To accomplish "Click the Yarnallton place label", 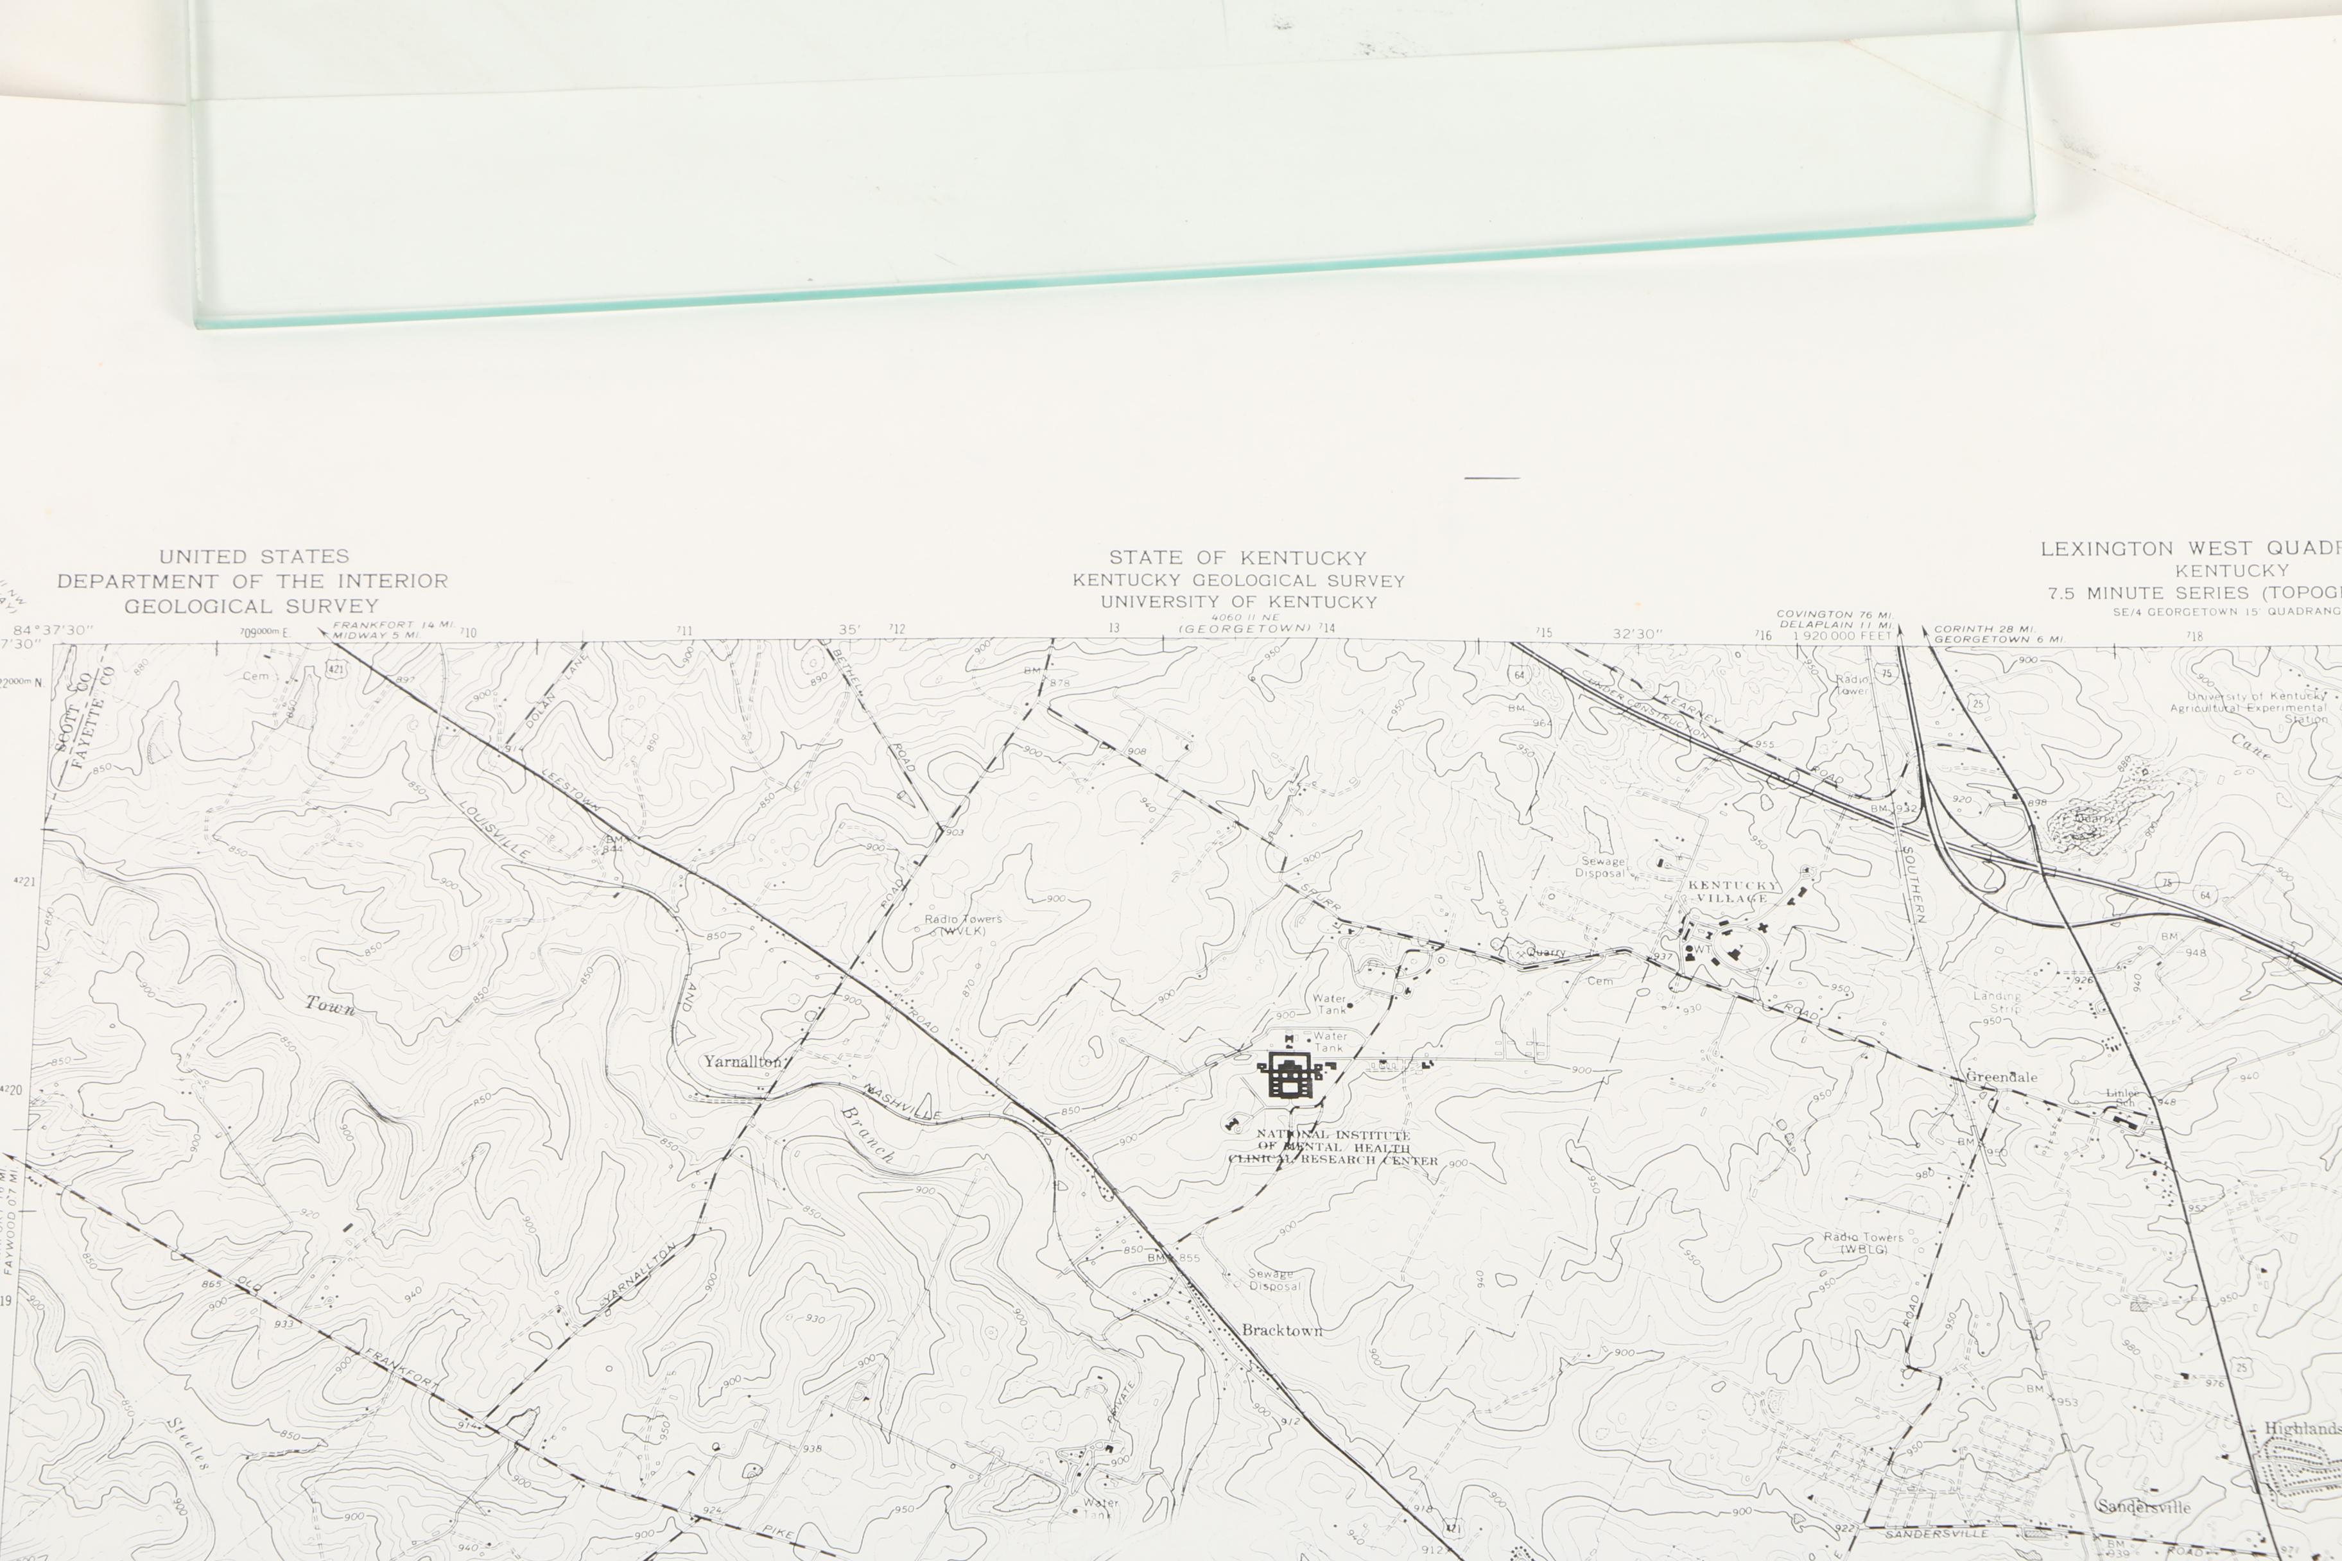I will tap(743, 1061).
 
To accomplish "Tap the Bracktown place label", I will tap(1281, 1330).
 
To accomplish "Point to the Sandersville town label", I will tap(2143, 1507).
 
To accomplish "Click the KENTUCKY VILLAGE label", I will tap(1733, 891).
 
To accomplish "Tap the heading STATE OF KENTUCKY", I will tap(1238, 558).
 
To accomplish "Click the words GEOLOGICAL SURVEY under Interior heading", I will tap(252, 607).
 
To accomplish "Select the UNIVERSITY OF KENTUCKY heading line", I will tap(1238, 602).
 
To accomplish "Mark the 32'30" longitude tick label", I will tap(1638, 633).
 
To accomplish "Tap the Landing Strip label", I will tap(1997, 1001).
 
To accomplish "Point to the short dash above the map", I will tap(1491, 478).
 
